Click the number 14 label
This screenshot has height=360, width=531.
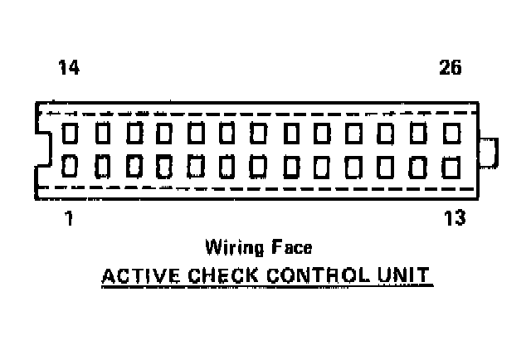click(69, 69)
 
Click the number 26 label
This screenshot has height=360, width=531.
click(451, 69)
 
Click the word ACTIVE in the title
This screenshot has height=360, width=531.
click(134, 275)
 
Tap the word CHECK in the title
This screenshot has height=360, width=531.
click(209, 275)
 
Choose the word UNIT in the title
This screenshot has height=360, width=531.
click(404, 275)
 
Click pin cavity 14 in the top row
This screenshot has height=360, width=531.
click(71, 133)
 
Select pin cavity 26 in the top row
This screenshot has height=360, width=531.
click(452, 133)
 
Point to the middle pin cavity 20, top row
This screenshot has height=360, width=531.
click(260, 133)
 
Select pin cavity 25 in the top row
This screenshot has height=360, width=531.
click(420, 133)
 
